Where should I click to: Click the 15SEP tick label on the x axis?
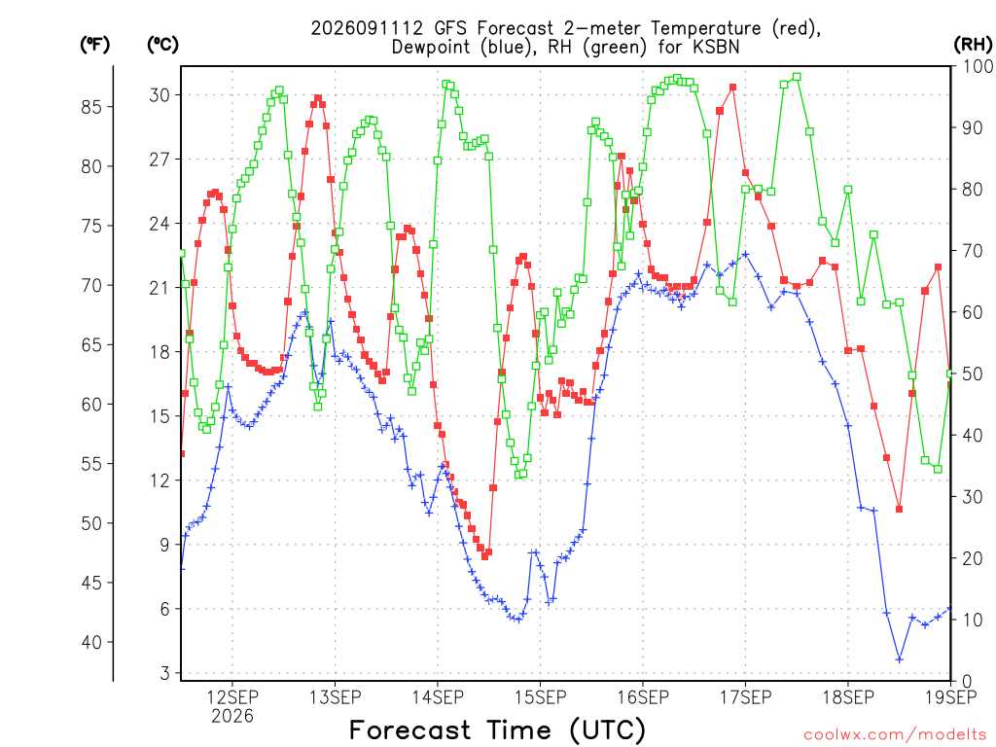coord(541,697)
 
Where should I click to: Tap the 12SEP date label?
coord(231,697)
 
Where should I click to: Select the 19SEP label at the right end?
coord(951,697)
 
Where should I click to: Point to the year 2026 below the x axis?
coord(231,716)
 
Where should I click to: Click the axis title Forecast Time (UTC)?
coord(497,730)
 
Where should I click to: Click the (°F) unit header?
coord(94,45)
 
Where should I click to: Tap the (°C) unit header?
coord(162,45)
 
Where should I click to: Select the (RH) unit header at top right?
coord(973,45)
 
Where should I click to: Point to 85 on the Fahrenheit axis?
coord(90,107)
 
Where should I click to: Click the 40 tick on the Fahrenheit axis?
coord(90,642)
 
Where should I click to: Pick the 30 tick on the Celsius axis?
coord(160,95)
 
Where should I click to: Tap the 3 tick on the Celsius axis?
coord(165,673)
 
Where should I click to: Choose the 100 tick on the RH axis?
coord(978,66)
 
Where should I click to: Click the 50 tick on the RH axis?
coord(973,374)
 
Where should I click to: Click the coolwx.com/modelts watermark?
coord(895,735)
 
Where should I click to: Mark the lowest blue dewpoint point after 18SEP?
coord(900,659)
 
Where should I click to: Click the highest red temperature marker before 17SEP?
coord(732,88)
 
